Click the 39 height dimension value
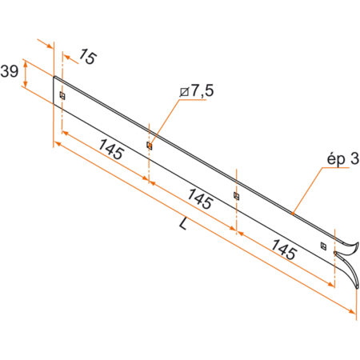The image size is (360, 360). point(10,71)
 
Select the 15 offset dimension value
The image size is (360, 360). point(88,58)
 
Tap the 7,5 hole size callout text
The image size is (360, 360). point(202,92)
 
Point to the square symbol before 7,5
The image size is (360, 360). point(186,94)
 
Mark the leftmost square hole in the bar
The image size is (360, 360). point(62,96)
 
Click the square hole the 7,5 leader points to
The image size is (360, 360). point(150,146)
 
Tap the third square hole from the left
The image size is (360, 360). point(236,195)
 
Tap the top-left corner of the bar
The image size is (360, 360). point(54,77)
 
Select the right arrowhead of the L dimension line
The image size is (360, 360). point(351,313)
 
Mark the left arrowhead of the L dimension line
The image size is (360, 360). point(56,144)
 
